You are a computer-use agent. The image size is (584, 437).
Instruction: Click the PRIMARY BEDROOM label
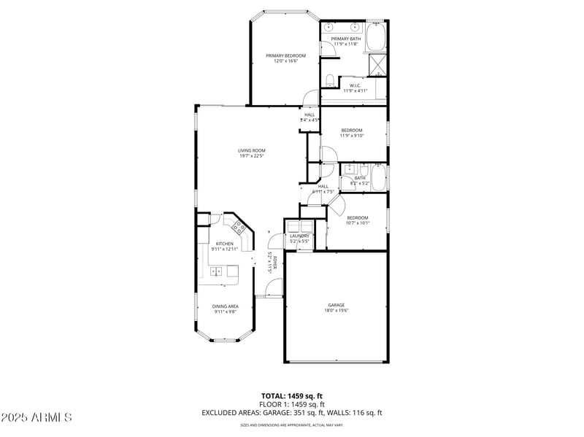coord(285,55)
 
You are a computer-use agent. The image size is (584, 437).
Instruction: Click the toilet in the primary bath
coord(329,80)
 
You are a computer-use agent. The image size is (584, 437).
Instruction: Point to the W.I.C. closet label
coord(355,85)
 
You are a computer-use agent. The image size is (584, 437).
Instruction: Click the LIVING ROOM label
coord(251,150)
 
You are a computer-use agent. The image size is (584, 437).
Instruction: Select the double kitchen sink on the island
coord(218,271)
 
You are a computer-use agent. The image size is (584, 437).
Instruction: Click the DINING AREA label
coord(225,306)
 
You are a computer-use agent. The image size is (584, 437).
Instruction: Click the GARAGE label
coord(336,305)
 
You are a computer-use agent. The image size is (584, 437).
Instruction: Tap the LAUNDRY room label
coord(299,236)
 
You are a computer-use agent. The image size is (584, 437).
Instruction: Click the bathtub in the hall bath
coord(379,177)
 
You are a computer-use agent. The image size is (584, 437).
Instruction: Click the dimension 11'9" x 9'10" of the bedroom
coord(351,136)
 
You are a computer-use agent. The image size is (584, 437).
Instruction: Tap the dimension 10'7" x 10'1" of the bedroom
coord(357,223)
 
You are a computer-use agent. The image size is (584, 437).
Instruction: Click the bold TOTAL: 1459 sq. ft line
coord(291,396)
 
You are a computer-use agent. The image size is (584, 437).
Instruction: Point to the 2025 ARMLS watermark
coord(36,417)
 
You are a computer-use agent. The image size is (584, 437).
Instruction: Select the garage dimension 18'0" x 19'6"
coord(336,310)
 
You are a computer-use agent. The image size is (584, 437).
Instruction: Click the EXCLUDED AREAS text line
coord(291,413)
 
